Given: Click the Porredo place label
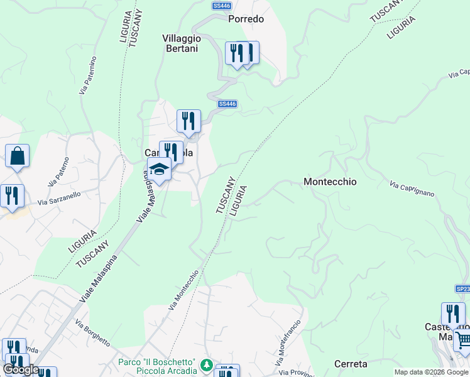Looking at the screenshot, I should [246, 19].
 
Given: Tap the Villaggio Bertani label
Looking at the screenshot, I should [182, 43].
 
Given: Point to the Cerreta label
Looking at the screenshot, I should [351, 364].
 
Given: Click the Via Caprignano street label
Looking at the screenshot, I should [412, 189].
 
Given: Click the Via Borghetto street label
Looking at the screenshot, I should [92, 333].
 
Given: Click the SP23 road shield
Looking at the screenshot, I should [462, 288].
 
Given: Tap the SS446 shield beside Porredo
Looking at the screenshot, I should [221, 6].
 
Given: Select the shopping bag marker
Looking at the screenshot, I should [18, 156].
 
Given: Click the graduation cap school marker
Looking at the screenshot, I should [159, 169].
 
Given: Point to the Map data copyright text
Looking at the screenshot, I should [431, 372].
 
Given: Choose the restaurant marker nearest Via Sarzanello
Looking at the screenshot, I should [11, 196].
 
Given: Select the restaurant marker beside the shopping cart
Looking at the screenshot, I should [452, 314].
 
